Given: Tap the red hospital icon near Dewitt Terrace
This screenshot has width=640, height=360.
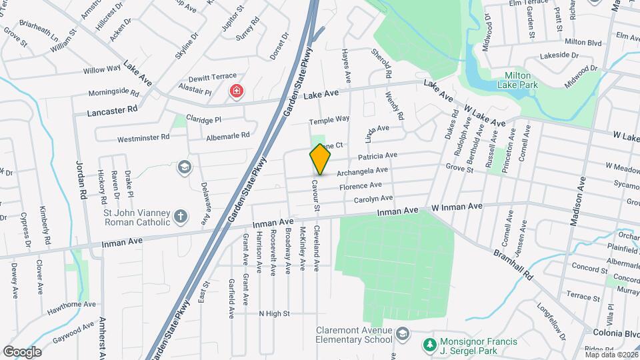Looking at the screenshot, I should coord(236,91).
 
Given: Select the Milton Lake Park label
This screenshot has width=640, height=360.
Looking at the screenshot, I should coord(527,81).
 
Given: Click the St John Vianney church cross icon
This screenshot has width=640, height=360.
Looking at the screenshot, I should coord(180,216).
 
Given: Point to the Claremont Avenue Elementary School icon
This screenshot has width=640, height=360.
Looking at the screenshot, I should coord(402,333).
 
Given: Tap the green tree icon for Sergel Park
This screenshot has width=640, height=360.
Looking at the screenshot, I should coord(430,344).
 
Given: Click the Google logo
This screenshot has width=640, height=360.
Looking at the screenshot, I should coord(22,351).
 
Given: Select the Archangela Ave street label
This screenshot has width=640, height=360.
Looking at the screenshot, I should coord(363,173).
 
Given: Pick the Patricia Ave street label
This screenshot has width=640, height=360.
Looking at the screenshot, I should coord(377,157).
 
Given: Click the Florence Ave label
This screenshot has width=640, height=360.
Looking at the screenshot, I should coord(360,186).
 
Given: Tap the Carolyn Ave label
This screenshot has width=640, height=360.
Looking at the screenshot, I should coord(373,199).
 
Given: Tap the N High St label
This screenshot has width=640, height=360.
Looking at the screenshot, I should coord(275,313).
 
